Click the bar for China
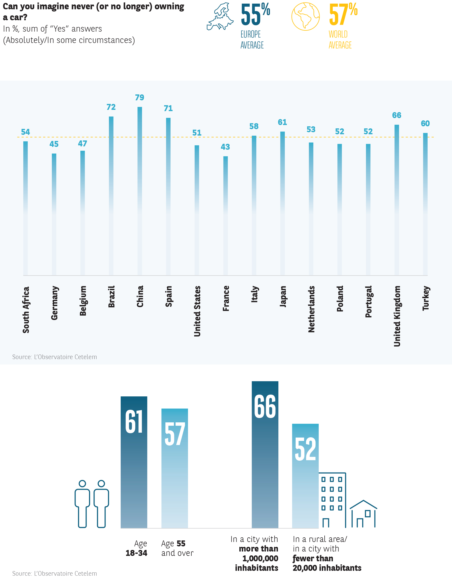click(140, 191)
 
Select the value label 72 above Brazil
click(111, 107)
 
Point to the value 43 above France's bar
click(225, 147)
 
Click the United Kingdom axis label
click(397, 316)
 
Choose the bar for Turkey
click(425, 204)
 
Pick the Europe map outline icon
click(220, 16)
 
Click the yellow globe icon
click(305, 16)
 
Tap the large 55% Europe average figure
click(255, 15)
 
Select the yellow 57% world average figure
click(343, 15)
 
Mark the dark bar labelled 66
click(265, 455)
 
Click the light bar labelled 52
click(305, 476)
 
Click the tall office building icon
click(332, 500)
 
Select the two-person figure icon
click(92, 503)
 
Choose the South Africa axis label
click(26, 309)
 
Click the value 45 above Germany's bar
click(54, 144)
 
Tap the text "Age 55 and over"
click(177, 548)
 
